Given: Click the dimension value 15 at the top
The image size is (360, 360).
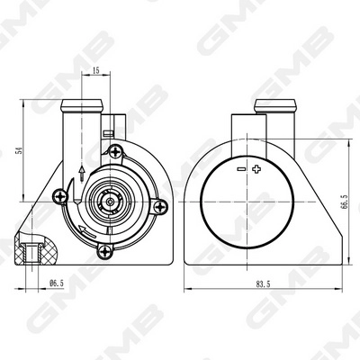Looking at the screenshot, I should [95, 68].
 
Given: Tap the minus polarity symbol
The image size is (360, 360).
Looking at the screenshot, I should [240, 169].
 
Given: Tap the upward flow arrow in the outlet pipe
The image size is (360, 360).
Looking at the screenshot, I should [81, 173].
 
